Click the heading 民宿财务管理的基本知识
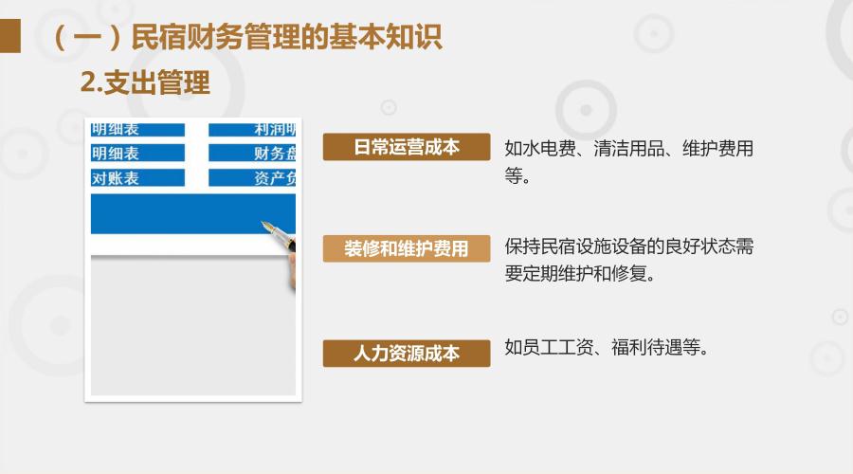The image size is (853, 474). tap(286, 37)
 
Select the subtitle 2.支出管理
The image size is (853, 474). tap(145, 82)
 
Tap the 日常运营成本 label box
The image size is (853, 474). tap(407, 147)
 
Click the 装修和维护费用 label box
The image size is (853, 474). tap(407, 248)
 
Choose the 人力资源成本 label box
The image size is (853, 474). tap(407, 354)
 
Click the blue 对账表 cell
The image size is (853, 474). tap(137, 178)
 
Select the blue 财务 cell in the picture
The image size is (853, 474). tap(252, 153)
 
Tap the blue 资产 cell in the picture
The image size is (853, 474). tap(252, 178)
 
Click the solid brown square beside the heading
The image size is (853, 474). tap(9, 36)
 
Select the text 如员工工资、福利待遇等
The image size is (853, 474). tap(607, 347)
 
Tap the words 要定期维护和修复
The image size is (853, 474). tap(579, 273)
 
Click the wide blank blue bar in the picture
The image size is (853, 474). tap(193, 214)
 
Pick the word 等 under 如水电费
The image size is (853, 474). tap(513, 175)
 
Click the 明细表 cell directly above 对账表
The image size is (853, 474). tap(137, 153)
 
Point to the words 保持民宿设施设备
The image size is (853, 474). tap(575, 246)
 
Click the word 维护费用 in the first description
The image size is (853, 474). tap(718, 148)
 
